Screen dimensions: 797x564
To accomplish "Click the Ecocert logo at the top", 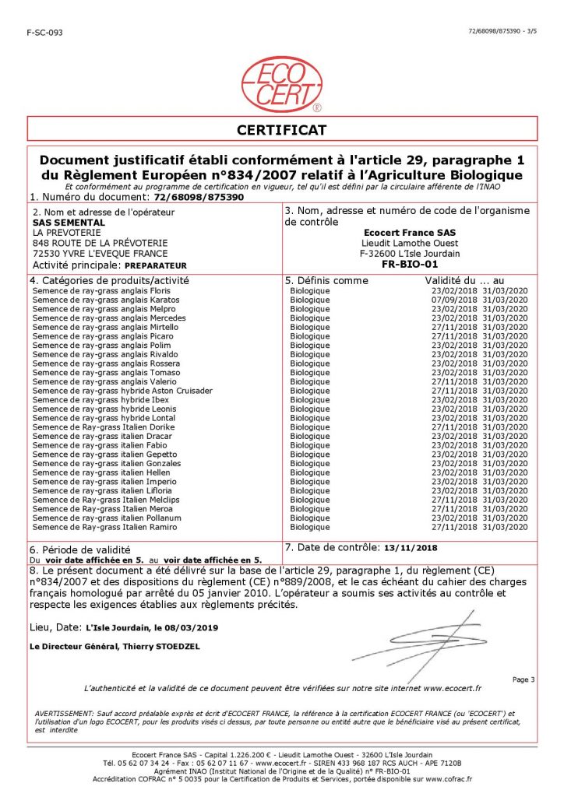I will tap(282, 84).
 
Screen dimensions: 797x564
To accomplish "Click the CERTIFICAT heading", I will tap(282, 130).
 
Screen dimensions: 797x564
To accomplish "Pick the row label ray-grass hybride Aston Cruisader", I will tap(122, 391).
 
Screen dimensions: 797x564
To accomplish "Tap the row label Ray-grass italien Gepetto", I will tap(105, 454).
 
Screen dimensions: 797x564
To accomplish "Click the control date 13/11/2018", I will tap(409, 548).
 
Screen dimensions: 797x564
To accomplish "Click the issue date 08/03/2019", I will tap(191, 627).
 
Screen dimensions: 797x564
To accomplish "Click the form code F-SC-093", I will tap(44, 32).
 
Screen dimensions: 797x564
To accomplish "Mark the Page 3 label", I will tap(523, 679).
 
